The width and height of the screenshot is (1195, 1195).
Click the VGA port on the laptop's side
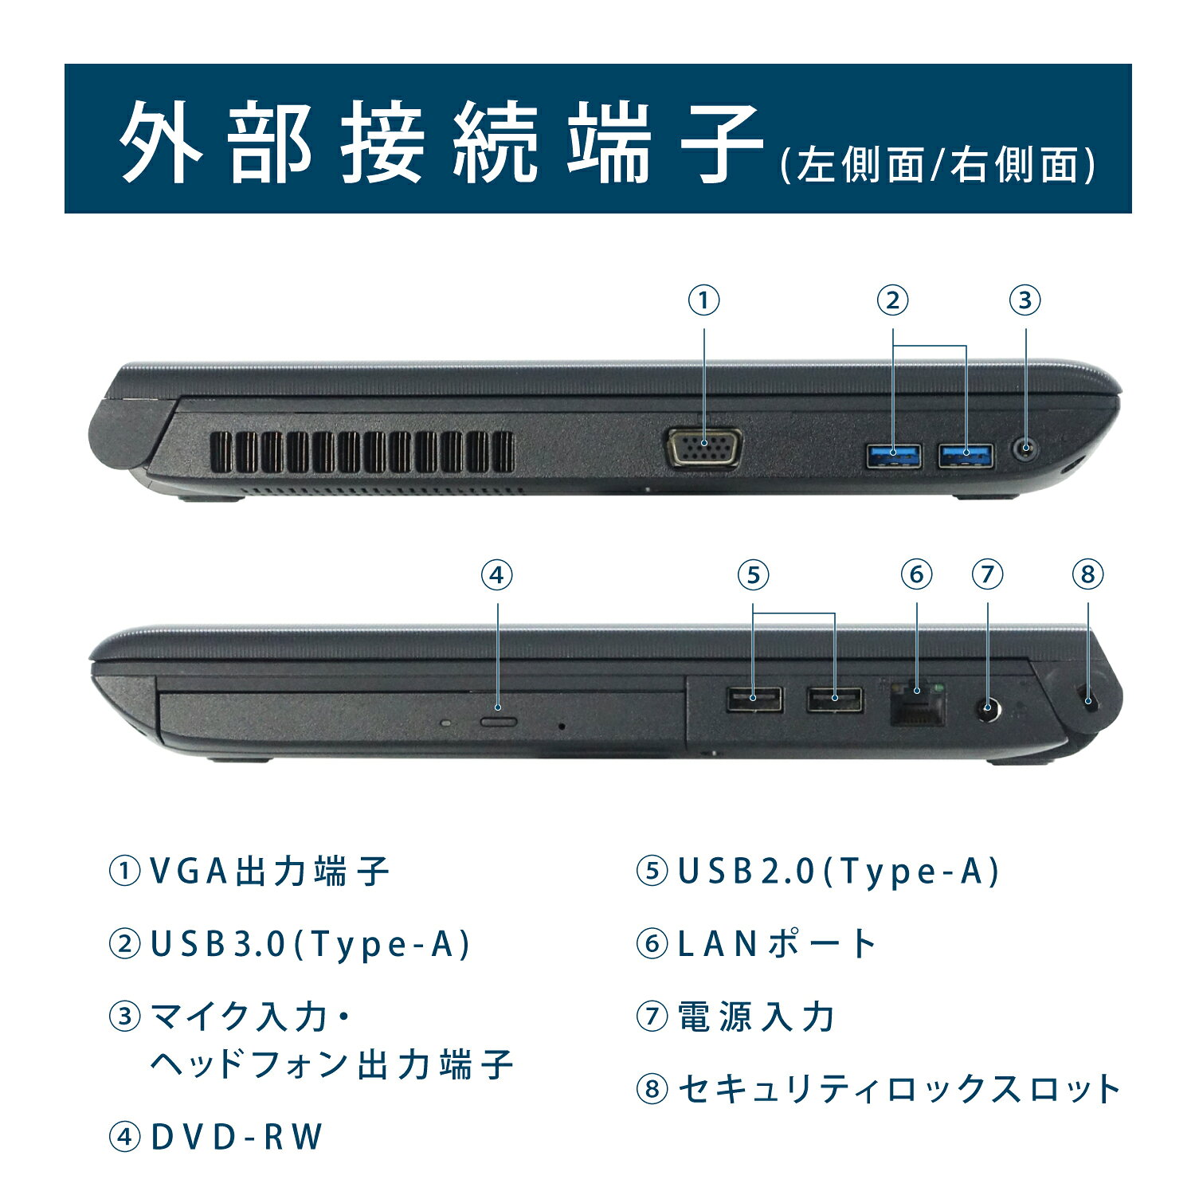(x=704, y=449)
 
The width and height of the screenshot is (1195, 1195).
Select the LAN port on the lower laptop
(x=918, y=702)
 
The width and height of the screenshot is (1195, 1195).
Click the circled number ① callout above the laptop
(x=704, y=300)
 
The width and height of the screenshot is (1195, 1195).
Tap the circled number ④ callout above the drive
(x=497, y=574)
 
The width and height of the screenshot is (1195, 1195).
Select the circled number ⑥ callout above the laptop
(x=917, y=574)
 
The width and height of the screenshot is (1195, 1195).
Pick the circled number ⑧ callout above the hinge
(x=1088, y=574)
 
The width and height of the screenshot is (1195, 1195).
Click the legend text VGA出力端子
(x=270, y=872)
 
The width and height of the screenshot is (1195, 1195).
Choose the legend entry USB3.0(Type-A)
(x=311, y=945)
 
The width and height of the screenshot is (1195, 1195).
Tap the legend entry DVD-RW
(x=237, y=1137)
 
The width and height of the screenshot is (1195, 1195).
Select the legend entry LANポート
(x=778, y=945)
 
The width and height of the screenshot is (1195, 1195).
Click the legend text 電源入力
(x=756, y=1017)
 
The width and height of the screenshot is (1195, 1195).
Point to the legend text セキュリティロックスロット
(x=899, y=1089)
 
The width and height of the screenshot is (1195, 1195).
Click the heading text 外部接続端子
(x=442, y=142)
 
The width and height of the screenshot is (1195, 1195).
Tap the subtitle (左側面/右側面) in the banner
(x=938, y=165)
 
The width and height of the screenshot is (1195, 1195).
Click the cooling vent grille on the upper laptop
(x=362, y=451)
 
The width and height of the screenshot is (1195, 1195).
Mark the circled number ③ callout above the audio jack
(x=1025, y=300)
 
